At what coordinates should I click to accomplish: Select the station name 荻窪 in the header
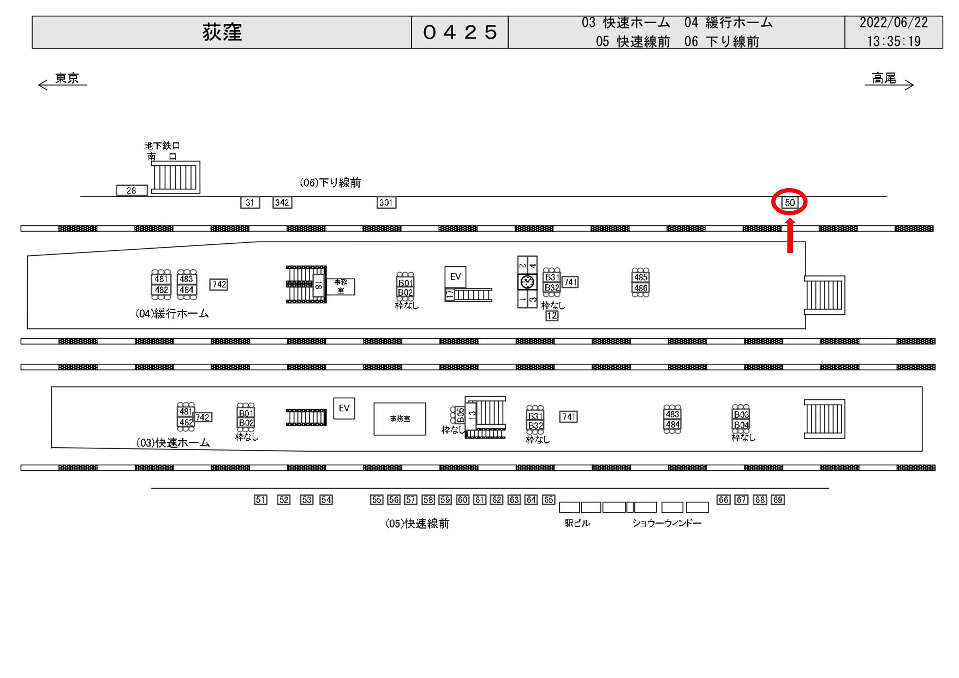pyautogui.click(x=222, y=32)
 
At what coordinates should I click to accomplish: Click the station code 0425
pyautogui.click(x=459, y=32)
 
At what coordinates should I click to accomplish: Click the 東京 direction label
pyautogui.click(x=67, y=78)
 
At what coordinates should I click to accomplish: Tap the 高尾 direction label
pyautogui.click(x=884, y=78)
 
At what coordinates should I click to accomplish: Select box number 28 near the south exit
pyautogui.click(x=132, y=190)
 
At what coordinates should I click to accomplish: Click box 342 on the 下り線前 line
pyautogui.click(x=282, y=202)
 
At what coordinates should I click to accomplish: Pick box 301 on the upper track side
pyautogui.click(x=386, y=202)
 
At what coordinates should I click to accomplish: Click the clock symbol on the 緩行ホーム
pyautogui.click(x=527, y=282)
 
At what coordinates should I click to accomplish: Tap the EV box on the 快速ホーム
pyautogui.click(x=344, y=408)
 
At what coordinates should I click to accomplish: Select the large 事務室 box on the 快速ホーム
pyautogui.click(x=400, y=419)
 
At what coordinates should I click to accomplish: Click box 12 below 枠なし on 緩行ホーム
pyautogui.click(x=552, y=316)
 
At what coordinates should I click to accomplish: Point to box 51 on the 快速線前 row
pyautogui.click(x=260, y=500)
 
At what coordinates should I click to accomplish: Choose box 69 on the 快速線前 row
pyautogui.click(x=778, y=500)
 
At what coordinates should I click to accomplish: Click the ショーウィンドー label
pyautogui.click(x=667, y=523)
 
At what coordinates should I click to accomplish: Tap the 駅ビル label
pyautogui.click(x=577, y=523)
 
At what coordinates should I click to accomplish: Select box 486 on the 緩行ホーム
pyautogui.click(x=640, y=288)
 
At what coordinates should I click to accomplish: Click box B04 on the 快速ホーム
pyautogui.click(x=741, y=425)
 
